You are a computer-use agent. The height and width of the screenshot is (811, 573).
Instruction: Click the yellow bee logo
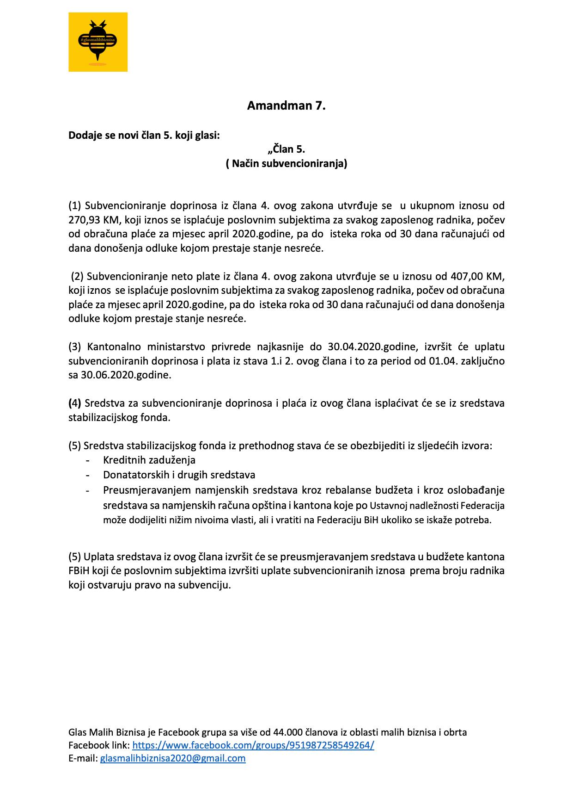tap(98, 42)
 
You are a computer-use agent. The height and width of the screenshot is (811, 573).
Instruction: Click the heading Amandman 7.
tap(286, 106)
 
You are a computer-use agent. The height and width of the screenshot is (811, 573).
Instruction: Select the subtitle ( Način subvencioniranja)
tap(286, 163)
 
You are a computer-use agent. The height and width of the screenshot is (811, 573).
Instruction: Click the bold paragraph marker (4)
tap(74, 403)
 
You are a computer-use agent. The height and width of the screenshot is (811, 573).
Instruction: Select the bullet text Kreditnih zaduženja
tap(149, 460)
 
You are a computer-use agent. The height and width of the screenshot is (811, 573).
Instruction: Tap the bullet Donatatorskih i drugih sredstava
tap(179, 475)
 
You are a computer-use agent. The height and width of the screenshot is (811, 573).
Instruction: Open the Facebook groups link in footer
tap(253, 745)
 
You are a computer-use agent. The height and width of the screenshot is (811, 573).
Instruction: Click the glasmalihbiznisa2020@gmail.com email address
tap(173, 758)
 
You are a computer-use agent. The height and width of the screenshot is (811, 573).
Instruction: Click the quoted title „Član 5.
tap(286, 149)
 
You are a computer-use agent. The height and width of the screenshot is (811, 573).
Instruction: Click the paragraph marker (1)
tap(75, 205)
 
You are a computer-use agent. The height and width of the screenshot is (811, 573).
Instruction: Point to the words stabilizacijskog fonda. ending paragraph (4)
tap(119, 418)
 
